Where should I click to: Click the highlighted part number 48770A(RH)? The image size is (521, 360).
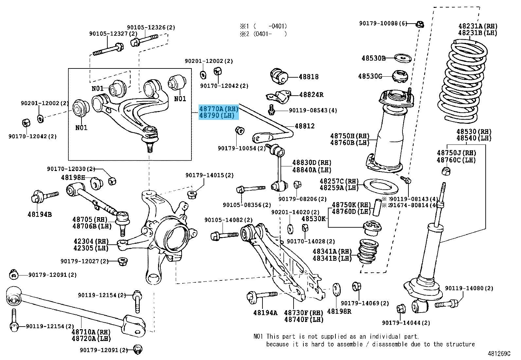(x=219, y=109)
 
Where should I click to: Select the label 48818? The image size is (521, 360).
(x=308, y=77)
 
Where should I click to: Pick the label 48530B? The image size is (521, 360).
(x=373, y=58)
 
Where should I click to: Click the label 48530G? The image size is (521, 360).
(x=370, y=76)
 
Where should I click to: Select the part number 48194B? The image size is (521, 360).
(x=40, y=215)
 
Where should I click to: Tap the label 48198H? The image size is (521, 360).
(x=73, y=178)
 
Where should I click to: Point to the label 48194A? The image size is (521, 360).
(x=265, y=313)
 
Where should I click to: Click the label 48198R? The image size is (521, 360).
(x=339, y=311)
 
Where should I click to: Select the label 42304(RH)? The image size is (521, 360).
(x=91, y=241)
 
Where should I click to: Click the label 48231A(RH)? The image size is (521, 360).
(x=477, y=26)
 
